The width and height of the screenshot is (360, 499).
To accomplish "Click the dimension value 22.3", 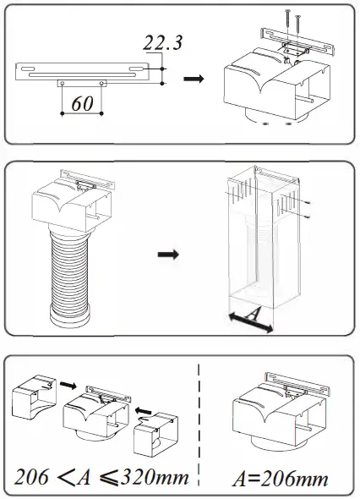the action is coord(163,42).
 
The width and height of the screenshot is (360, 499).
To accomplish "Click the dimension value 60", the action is coord(82,103).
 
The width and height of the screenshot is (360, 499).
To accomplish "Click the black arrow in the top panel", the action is coord(194,79).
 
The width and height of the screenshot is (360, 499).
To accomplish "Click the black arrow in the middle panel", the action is coord(168,255).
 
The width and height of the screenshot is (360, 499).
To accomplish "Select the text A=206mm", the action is coord(281,479).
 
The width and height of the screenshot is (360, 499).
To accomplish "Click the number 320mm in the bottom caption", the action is coord(155,476).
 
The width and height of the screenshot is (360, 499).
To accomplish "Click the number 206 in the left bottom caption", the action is coord(32,477).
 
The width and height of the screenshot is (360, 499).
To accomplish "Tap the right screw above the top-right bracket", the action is coord(298,27).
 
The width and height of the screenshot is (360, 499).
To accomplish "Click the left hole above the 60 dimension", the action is coord(63,84).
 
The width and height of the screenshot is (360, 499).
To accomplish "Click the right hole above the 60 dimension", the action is coord(101,84).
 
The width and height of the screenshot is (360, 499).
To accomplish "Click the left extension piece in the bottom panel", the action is coord(34,397).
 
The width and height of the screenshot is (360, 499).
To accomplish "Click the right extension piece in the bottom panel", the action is coord(155,434).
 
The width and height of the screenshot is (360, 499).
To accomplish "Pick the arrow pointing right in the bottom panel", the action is coord(68,385).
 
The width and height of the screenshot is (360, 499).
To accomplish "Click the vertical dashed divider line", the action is coord(199,426).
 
